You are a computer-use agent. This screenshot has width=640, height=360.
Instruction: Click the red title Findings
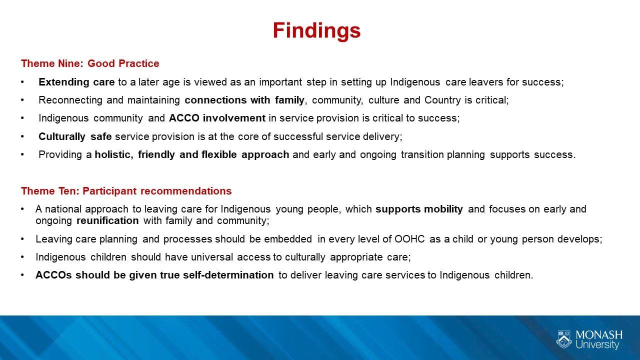(316, 30)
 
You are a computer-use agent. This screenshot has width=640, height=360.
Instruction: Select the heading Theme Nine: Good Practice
(90, 63)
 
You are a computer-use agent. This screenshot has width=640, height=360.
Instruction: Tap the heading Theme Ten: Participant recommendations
(126, 191)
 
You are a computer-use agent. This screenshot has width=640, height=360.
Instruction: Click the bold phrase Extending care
(76, 82)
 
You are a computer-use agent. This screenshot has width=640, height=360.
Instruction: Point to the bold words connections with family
(244, 100)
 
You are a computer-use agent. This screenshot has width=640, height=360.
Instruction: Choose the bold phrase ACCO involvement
(217, 118)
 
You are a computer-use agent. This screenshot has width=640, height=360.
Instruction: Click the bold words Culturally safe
(75, 136)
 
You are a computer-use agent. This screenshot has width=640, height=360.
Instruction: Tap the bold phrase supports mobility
(419, 209)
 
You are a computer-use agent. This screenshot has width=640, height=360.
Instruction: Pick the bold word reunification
(107, 220)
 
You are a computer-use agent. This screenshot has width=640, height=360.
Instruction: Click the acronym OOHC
(409, 239)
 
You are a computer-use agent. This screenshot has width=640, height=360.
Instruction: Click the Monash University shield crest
(564, 339)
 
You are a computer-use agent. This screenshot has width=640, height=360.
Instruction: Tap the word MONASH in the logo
(599, 335)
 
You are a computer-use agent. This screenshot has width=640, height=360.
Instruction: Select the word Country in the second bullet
(442, 100)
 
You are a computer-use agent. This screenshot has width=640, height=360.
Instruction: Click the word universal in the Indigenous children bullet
(212, 257)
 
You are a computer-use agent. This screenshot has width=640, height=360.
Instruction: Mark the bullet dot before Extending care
(22, 82)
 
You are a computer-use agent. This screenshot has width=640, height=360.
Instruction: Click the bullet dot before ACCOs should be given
(22, 275)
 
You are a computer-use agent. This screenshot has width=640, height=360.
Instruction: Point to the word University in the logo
(597, 344)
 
